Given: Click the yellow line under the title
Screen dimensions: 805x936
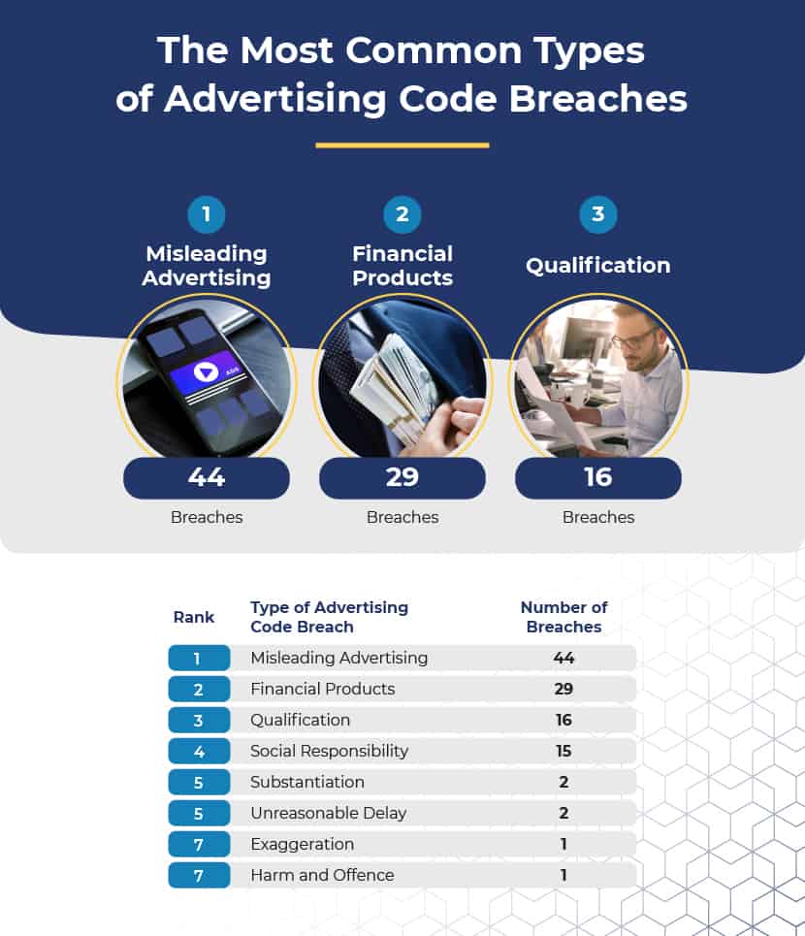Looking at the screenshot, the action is pos(402,145).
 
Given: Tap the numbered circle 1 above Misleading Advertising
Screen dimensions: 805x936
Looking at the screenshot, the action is pos(206,214).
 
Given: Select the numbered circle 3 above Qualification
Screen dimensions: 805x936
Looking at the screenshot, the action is pos(598,214).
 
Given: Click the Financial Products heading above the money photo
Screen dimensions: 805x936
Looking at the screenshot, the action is pos(402,266).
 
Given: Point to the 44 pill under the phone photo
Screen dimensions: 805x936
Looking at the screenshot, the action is pos(207,477).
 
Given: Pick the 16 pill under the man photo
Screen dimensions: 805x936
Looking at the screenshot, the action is pos(598,477).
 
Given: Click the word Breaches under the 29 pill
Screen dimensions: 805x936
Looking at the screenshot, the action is pos(402,517).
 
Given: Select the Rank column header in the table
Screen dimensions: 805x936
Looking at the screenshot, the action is pos(193,617).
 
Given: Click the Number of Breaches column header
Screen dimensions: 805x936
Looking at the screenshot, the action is pos(563,617).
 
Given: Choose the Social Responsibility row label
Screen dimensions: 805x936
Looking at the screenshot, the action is pos(330,751).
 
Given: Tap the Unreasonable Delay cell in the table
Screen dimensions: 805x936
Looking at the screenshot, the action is pos(328,813).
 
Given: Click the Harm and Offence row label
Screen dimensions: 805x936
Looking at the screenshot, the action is pos(322,875).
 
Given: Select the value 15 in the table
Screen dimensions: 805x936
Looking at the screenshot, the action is pos(563,751).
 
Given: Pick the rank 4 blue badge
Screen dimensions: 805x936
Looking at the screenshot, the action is pos(199,751).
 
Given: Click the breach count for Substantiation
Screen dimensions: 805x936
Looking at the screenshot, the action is pos(563,782).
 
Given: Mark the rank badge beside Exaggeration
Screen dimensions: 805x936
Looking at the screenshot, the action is pos(199,844).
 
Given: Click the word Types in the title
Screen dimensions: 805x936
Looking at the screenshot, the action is pos(589,51).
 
